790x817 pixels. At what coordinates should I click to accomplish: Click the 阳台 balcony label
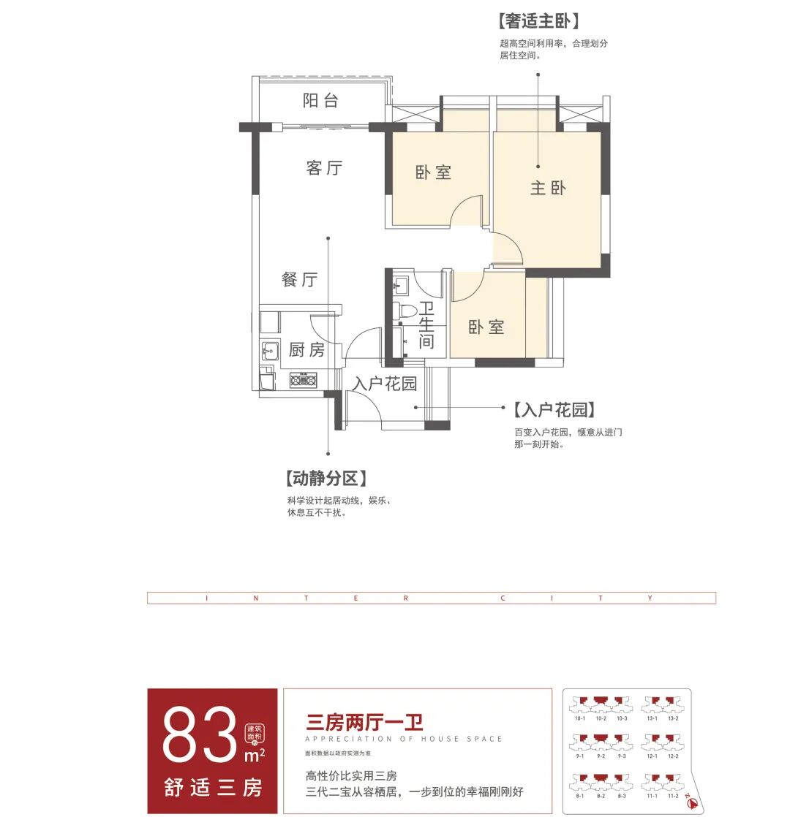(320, 101)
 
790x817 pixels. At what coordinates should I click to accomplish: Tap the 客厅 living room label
(324, 168)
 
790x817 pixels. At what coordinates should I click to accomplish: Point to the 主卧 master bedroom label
(548, 188)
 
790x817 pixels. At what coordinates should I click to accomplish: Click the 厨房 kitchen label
(306, 350)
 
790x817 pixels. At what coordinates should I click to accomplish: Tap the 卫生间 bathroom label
(426, 325)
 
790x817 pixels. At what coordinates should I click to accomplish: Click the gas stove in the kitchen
(303, 379)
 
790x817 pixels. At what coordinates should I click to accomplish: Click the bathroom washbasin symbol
(401, 283)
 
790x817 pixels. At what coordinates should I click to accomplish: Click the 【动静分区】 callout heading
(323, 479)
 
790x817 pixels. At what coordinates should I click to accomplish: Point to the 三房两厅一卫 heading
(364, 723)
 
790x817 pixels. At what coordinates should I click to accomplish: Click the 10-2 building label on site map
(601, 719)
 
